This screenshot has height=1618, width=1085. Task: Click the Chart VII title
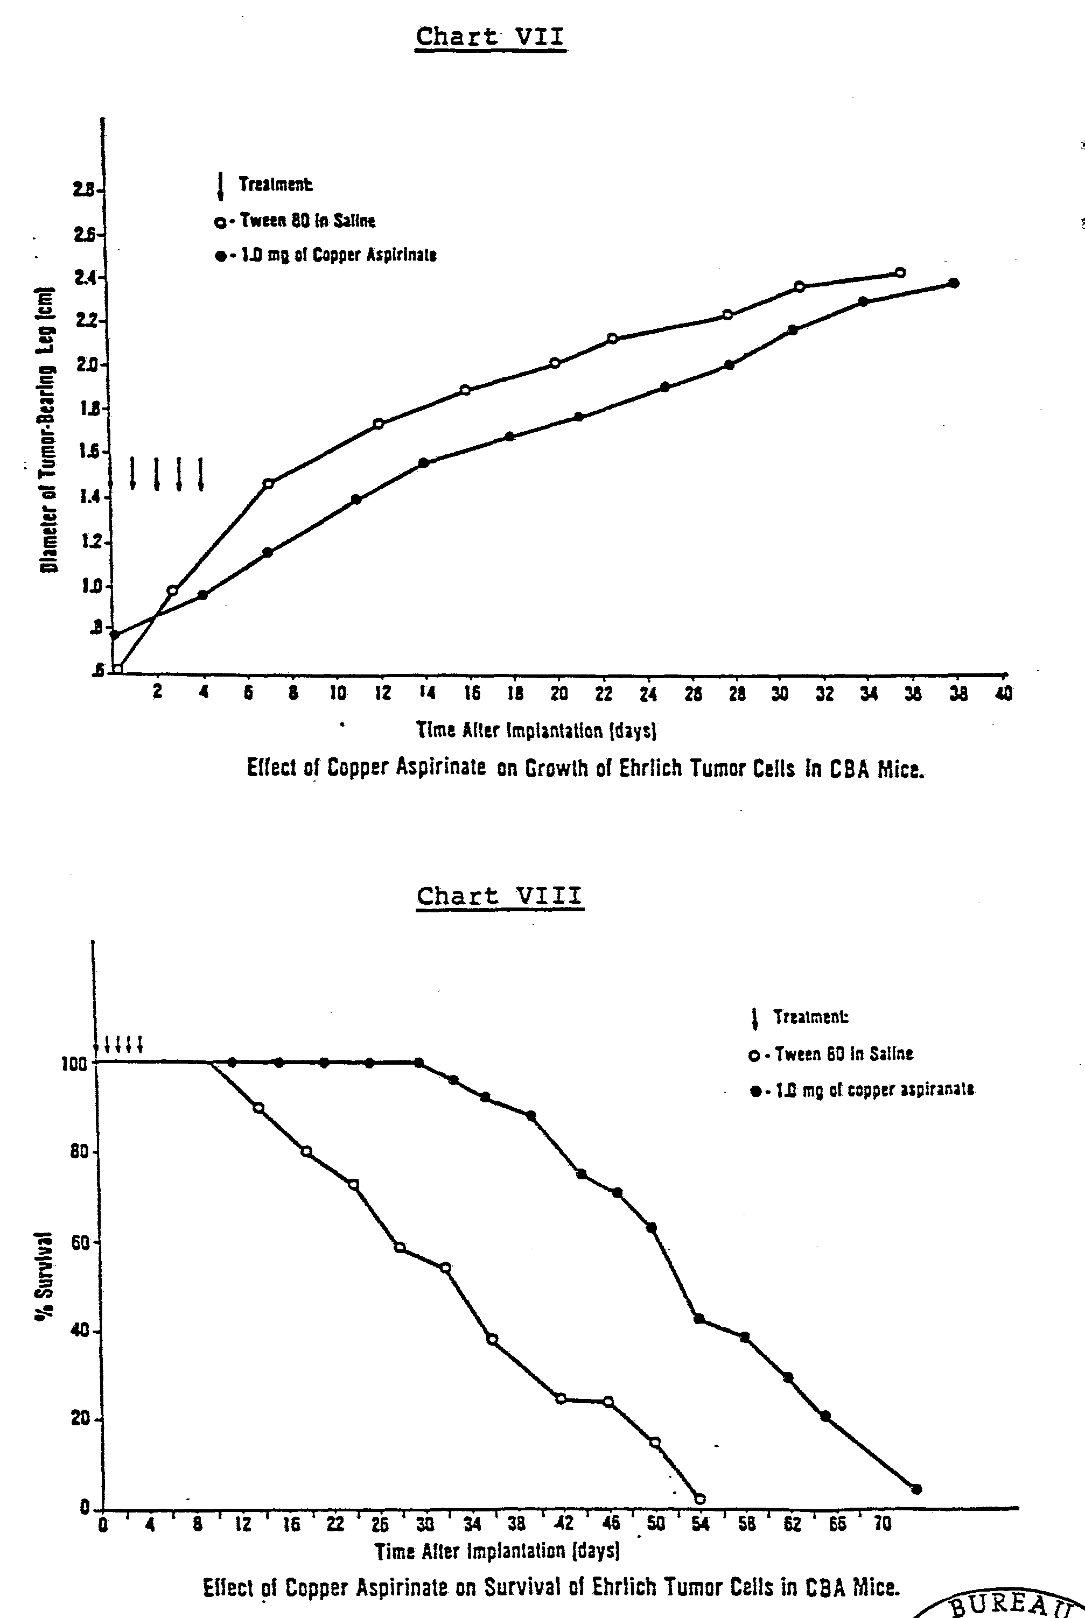[x=490, y=37]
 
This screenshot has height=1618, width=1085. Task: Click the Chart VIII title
[x=499, y=897]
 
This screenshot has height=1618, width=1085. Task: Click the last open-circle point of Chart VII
[x=900, y=272]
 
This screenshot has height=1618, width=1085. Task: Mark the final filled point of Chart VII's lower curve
[x=954, y=283]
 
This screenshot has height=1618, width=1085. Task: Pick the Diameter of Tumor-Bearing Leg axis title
[x=47, y=430]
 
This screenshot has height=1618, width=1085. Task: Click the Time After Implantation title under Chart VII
[x=536, y=730]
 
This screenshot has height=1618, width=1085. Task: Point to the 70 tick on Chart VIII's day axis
[x=882, y=1524]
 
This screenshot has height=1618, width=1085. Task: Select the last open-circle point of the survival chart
[x=699, y=1499]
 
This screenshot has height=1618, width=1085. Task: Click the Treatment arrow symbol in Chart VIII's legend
[x=755, y=1017]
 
